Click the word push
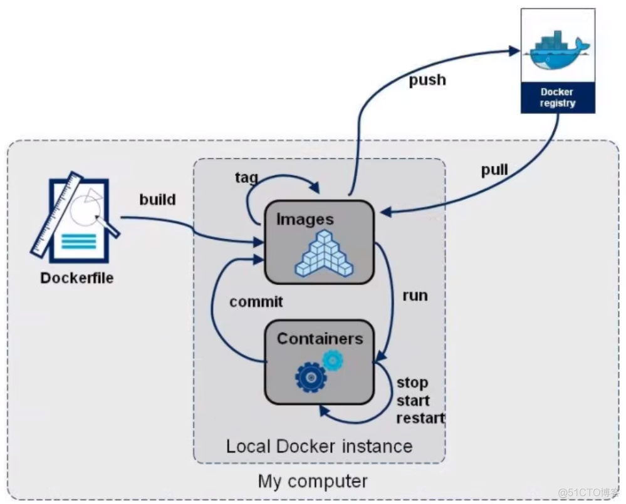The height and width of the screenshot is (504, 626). (427, 80)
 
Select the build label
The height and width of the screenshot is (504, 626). (157, 200)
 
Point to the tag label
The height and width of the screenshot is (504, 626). (246, 178)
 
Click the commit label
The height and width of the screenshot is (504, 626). (256, 302)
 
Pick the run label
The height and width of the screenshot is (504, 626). (415, 295)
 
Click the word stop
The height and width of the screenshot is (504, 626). (412, 382)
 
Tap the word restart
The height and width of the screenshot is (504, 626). (420, 418)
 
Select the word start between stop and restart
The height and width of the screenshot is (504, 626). (413, 400)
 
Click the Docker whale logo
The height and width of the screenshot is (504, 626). (556, 49)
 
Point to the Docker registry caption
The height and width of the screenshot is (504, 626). (557, 98)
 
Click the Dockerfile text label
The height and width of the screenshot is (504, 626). (77, 277)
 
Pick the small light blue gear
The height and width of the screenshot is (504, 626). (332, 360)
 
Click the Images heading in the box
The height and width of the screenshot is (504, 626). (305, 219)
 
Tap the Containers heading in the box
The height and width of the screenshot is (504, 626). (320, 339)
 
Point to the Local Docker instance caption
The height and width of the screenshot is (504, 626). (319, 446)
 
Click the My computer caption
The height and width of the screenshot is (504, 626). (312, 481)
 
